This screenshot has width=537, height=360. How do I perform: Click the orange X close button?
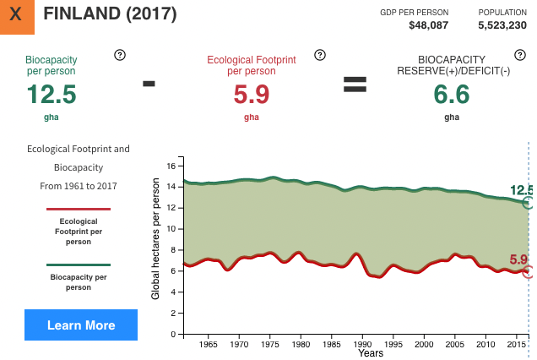point(17,15)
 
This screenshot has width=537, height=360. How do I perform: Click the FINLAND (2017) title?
point(110,14)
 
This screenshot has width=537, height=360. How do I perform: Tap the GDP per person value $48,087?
point(428,25)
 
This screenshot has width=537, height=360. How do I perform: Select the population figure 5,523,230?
point(503,25)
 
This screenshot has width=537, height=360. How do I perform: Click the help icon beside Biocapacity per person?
point(119,55)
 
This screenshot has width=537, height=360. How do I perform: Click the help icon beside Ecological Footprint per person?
point(319,55)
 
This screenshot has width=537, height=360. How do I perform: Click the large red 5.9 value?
point(252,94)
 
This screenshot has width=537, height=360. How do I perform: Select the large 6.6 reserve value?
point(452,94)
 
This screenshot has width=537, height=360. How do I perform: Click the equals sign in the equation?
point(354,84)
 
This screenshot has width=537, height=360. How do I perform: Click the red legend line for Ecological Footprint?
point(79,209)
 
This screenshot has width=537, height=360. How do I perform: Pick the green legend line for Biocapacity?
point(79,265)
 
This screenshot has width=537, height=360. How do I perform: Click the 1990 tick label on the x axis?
point(363,344)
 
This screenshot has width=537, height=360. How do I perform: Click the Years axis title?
point(370,353)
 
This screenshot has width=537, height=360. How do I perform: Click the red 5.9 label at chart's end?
point(518,259)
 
